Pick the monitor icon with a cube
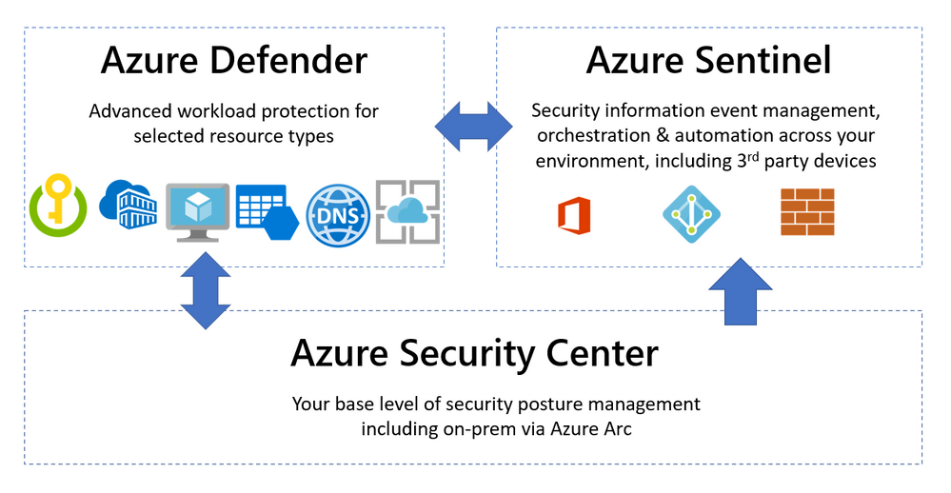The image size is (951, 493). (x=197, y=210)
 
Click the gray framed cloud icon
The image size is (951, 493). (x=407, y=210)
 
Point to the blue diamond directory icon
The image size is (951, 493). (x=691, y=213)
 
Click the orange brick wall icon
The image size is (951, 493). (x=806, y=211)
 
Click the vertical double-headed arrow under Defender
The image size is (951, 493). (x=206, y=289)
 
